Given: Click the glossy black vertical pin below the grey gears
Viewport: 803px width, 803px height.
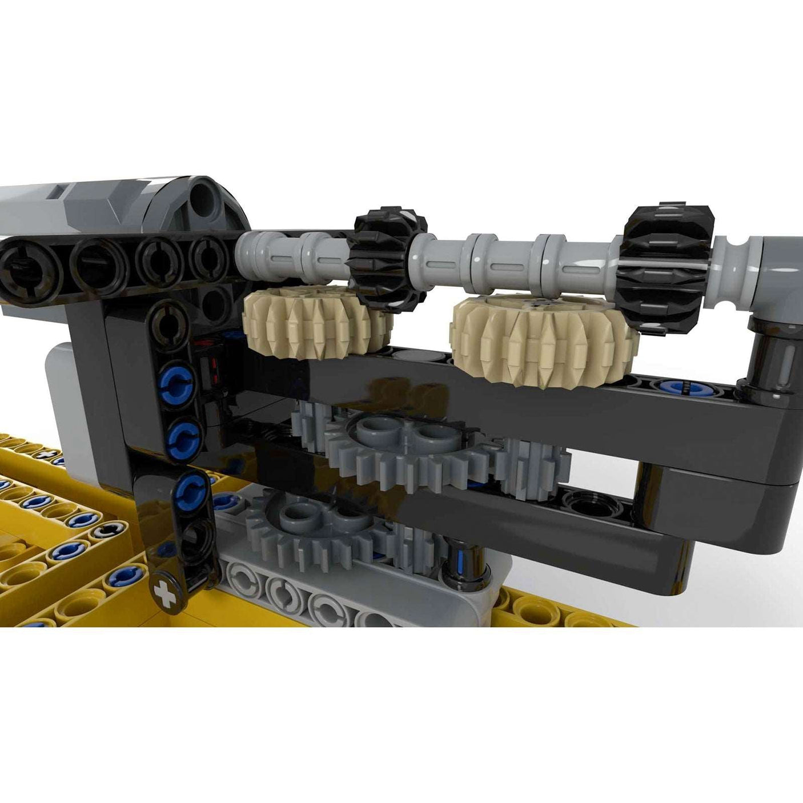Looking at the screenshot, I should point(465,571).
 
